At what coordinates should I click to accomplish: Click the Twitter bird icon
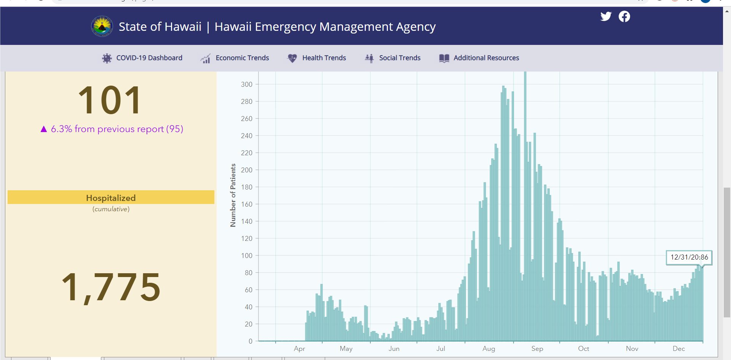pyautogui.click(x=606, y=16)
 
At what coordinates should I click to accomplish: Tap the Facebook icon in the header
pyautogui.click(x=624, y=16)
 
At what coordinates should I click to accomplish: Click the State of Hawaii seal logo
pyautogui.click(x=102, y=26)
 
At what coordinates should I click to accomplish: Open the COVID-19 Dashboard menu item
pyautogui.click(x=142, y=58)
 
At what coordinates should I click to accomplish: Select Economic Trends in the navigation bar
pyautogui.click(x=235, y=58)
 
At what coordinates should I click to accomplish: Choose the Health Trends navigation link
pyautogui.click(x=316, y=58)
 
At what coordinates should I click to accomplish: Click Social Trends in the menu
pyautogui.click(x=392, y=58)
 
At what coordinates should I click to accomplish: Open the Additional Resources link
pyautogui.click(x=479, y=58)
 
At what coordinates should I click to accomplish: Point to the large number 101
pyautogui.click(x=110, y=100)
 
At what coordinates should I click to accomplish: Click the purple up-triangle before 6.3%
pyautogui.click(x=44, y=129)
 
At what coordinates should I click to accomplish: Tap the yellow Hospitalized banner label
pyautogui.click(x=111, y=198)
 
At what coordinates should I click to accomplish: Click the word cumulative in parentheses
pyautogui.click(x=111, y=209)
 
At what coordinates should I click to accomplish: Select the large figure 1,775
pyautogui.click(x=111, y=287)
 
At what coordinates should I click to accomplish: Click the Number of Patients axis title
pyautogui.click(x=233, y=195)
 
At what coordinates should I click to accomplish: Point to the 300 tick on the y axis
pyautogui.click(x=247, y=84)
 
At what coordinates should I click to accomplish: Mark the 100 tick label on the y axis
pyautogui.click(x=247, y=255)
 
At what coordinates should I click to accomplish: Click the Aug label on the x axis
pyautogui.click(x=489, y=349)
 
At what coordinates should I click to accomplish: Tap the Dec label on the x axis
pyautogui.click(x=679, y=349)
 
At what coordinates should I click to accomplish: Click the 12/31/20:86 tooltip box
pyautogui.click(x=689, y=257)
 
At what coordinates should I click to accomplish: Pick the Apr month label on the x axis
pyautogui.click(x=299, y=349)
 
